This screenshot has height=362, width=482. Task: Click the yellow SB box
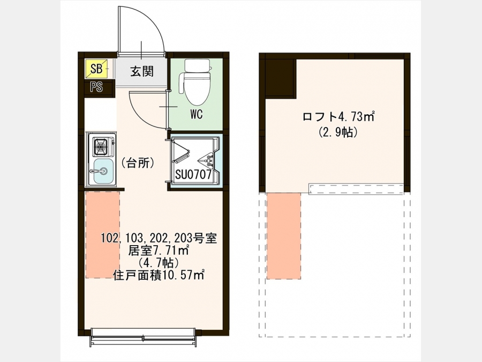(x=96, y=69)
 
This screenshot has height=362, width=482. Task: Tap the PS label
(x=96, y=87)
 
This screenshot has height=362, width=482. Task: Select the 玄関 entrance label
(x=142, y=71)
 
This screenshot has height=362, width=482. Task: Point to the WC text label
(x=197, y=115)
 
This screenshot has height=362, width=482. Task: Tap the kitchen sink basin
(x=102, y=171)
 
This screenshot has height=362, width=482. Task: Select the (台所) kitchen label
(x=138, y=163)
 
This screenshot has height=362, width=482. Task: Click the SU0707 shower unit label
(x=193, y=175)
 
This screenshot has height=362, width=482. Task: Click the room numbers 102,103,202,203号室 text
(x=159, y=238)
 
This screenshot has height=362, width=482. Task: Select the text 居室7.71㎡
(x=159, y=250)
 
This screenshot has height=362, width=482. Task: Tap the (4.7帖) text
(x=159, y=263)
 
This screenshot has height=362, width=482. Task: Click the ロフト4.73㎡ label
(x=338, y=117)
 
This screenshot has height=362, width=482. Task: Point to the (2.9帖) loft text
(x=338, y=132)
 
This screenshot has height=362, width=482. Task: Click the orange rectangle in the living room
(x=102, y=235)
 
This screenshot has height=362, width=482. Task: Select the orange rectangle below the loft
(x=284, y=236)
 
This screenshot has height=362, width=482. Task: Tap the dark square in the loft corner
(x=280, y=79)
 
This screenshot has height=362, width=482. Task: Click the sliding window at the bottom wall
(x=143, y=338)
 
